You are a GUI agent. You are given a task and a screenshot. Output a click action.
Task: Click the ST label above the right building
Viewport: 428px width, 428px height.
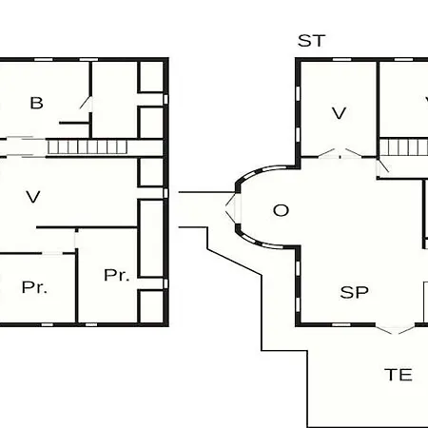click(x=312, y=41)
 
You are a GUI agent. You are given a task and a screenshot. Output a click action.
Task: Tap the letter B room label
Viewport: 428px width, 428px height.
click(x=36, y=103)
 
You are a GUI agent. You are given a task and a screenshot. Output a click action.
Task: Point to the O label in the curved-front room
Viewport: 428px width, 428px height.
click(x=281, y=210)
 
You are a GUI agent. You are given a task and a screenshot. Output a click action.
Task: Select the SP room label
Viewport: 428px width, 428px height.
click(x=354, y=292)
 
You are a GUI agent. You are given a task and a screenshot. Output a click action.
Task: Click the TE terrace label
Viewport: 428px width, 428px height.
click(x=399, y=375)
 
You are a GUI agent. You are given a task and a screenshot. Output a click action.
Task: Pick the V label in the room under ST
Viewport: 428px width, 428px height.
click(x=339, y=113)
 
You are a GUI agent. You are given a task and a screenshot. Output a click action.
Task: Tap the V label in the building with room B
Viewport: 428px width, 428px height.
click(x=33, y=197)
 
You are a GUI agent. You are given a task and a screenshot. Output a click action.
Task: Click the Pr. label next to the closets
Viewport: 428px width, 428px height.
click(x=117, y=275)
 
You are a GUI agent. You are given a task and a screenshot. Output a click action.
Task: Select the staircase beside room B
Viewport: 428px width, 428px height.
click(x=88, y=147)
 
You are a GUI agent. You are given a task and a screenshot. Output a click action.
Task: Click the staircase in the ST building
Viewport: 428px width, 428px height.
click(x=403, y=147)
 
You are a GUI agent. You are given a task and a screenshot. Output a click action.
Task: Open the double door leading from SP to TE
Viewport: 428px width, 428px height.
click(x=395, y=328)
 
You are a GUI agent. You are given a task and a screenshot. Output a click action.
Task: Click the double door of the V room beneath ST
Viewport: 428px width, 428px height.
click(x=340, y=153)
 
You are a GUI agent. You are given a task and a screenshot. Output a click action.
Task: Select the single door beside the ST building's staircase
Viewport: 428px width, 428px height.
click(x=382, y=167)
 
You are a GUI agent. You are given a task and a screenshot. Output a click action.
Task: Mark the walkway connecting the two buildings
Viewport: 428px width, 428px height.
click(x=206, y=209)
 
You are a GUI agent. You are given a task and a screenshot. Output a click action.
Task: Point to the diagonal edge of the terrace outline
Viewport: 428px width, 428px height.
click(x=234, y=262)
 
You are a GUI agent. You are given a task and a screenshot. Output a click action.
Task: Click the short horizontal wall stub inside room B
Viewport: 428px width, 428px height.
click(x=74, y=123)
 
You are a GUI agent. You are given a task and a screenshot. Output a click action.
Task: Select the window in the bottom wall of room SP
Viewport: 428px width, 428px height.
click(x=341, y=324)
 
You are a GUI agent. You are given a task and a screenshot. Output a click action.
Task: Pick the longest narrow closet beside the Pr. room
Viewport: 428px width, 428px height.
click(x=151, y=239)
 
